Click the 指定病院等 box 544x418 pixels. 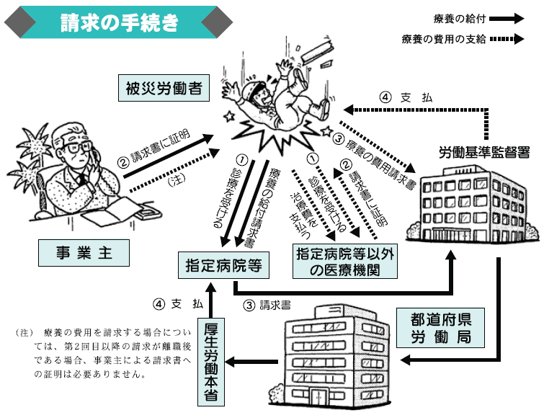tap(224, 266)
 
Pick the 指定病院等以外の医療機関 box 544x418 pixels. tap(345, 261)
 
